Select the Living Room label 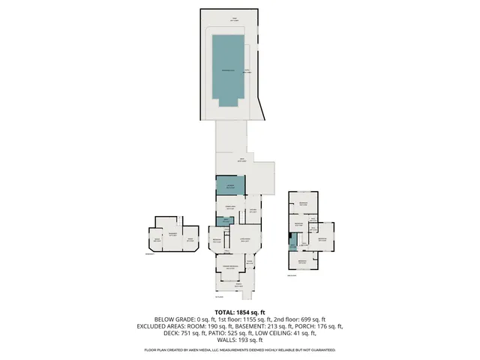[245, 240]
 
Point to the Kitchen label [253, 211]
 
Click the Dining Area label [227, 208]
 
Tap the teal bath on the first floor [222, 220]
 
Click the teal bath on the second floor [292, 241]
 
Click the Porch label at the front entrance [239, 284]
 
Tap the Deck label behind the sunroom [241, 160]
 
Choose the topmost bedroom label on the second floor [304, 204]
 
